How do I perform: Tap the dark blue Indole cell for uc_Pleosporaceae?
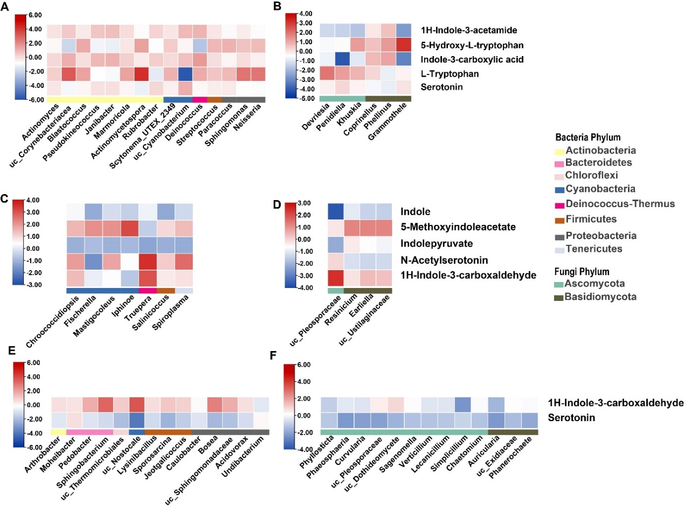pos(335,211)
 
